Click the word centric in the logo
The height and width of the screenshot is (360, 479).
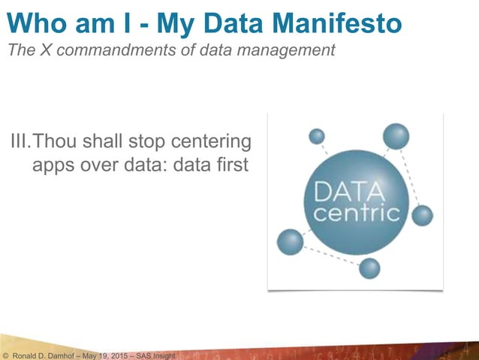(356, 214)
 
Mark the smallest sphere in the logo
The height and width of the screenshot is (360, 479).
(317, 136)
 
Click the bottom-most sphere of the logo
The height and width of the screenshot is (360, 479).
(369, 268)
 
